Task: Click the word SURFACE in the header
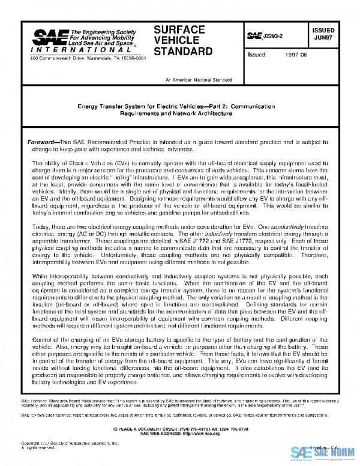pos(179,29)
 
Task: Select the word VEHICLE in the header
pos(178,40)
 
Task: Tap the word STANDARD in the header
pos(183,51)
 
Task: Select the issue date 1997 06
pos(296,54)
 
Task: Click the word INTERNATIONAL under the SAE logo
pos(63,52)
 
